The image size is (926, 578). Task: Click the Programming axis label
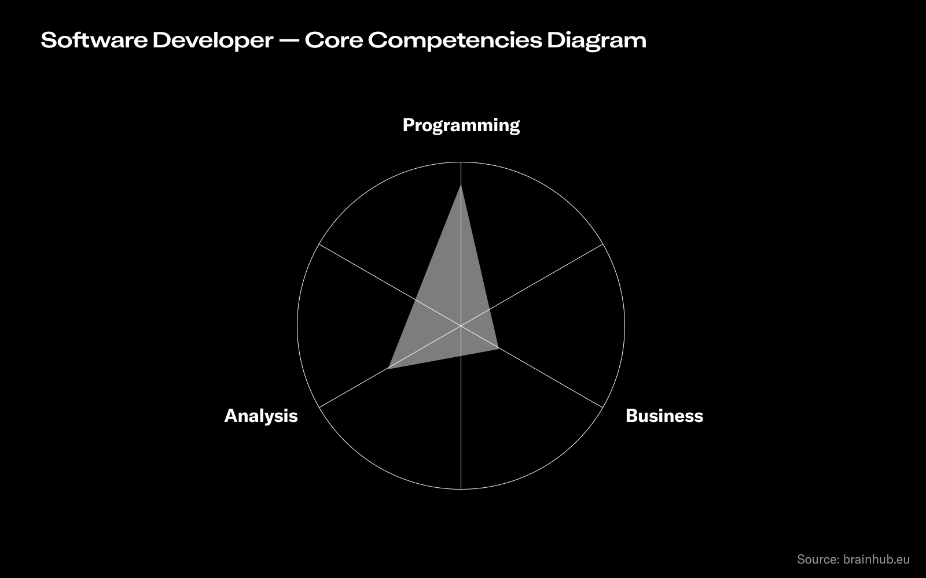[461, 125]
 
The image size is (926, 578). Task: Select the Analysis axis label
[260, 416]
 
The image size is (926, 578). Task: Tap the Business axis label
[664, 416]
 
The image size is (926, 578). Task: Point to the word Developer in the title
[212, 40]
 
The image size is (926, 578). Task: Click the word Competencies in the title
[454, 40]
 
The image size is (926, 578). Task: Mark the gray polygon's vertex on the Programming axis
[461, 185]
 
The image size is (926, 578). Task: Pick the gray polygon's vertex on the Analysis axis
[388, 368]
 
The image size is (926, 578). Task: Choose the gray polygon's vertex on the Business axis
[498, 348]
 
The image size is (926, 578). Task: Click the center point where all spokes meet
[461, 326]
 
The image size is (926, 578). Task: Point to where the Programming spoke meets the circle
[461, 162]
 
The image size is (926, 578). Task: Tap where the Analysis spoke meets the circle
[319, 407]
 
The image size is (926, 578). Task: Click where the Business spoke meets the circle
[602, 407]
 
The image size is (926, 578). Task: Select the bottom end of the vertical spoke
[461, 490]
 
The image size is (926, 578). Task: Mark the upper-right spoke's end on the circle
[602, 244]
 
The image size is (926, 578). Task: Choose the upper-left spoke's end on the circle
[319, 244]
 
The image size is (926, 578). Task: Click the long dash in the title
[288, 40]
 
